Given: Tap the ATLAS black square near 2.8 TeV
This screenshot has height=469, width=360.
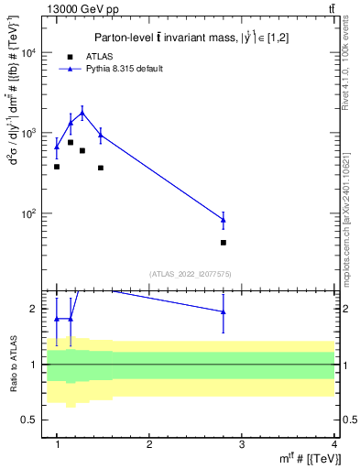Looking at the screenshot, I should point(224,243).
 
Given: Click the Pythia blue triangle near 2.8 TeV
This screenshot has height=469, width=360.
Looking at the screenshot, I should point(224,219).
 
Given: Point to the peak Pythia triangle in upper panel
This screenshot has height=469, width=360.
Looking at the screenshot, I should point(82,114).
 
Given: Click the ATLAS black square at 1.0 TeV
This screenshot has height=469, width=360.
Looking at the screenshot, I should point(57,167).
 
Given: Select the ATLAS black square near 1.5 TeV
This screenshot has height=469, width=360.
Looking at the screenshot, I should point(101,168).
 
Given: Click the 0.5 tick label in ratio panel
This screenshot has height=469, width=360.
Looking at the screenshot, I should point(32,420).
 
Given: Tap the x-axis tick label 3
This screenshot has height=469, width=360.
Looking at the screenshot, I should point(242,442).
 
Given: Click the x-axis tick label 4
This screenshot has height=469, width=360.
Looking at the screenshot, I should point(334,442).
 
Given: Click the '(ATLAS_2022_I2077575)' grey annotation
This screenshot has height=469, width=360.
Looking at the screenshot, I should point(191,273).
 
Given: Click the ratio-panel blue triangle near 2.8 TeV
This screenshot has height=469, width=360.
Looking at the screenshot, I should point(224,311).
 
